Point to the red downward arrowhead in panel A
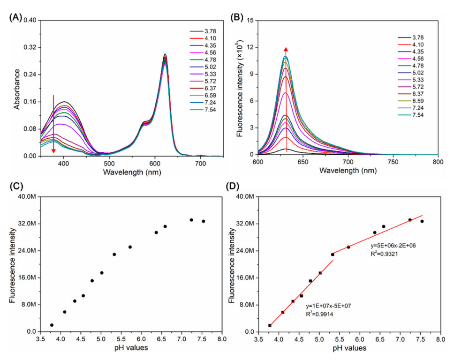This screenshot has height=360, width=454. click(x=53, y=150)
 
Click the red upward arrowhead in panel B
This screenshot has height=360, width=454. click(x=287, y=50)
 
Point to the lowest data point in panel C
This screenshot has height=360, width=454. click(x=52, y=325)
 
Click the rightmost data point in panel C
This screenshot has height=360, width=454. click(x=203, y=221)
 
